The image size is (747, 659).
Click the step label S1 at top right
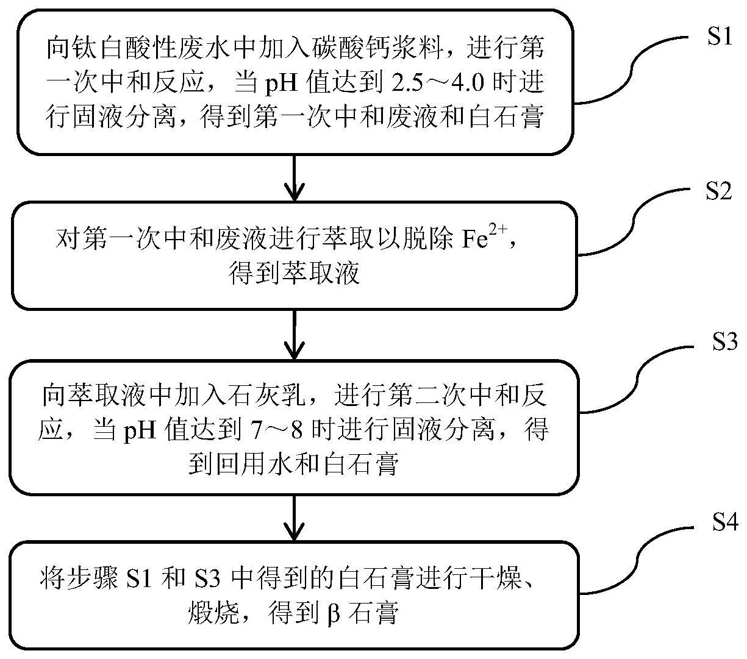(720, 38)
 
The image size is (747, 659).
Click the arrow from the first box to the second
(295, 177)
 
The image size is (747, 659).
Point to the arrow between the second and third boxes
(295, 335)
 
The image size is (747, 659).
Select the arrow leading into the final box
(295, 518)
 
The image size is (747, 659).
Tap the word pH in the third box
(139, 430)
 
